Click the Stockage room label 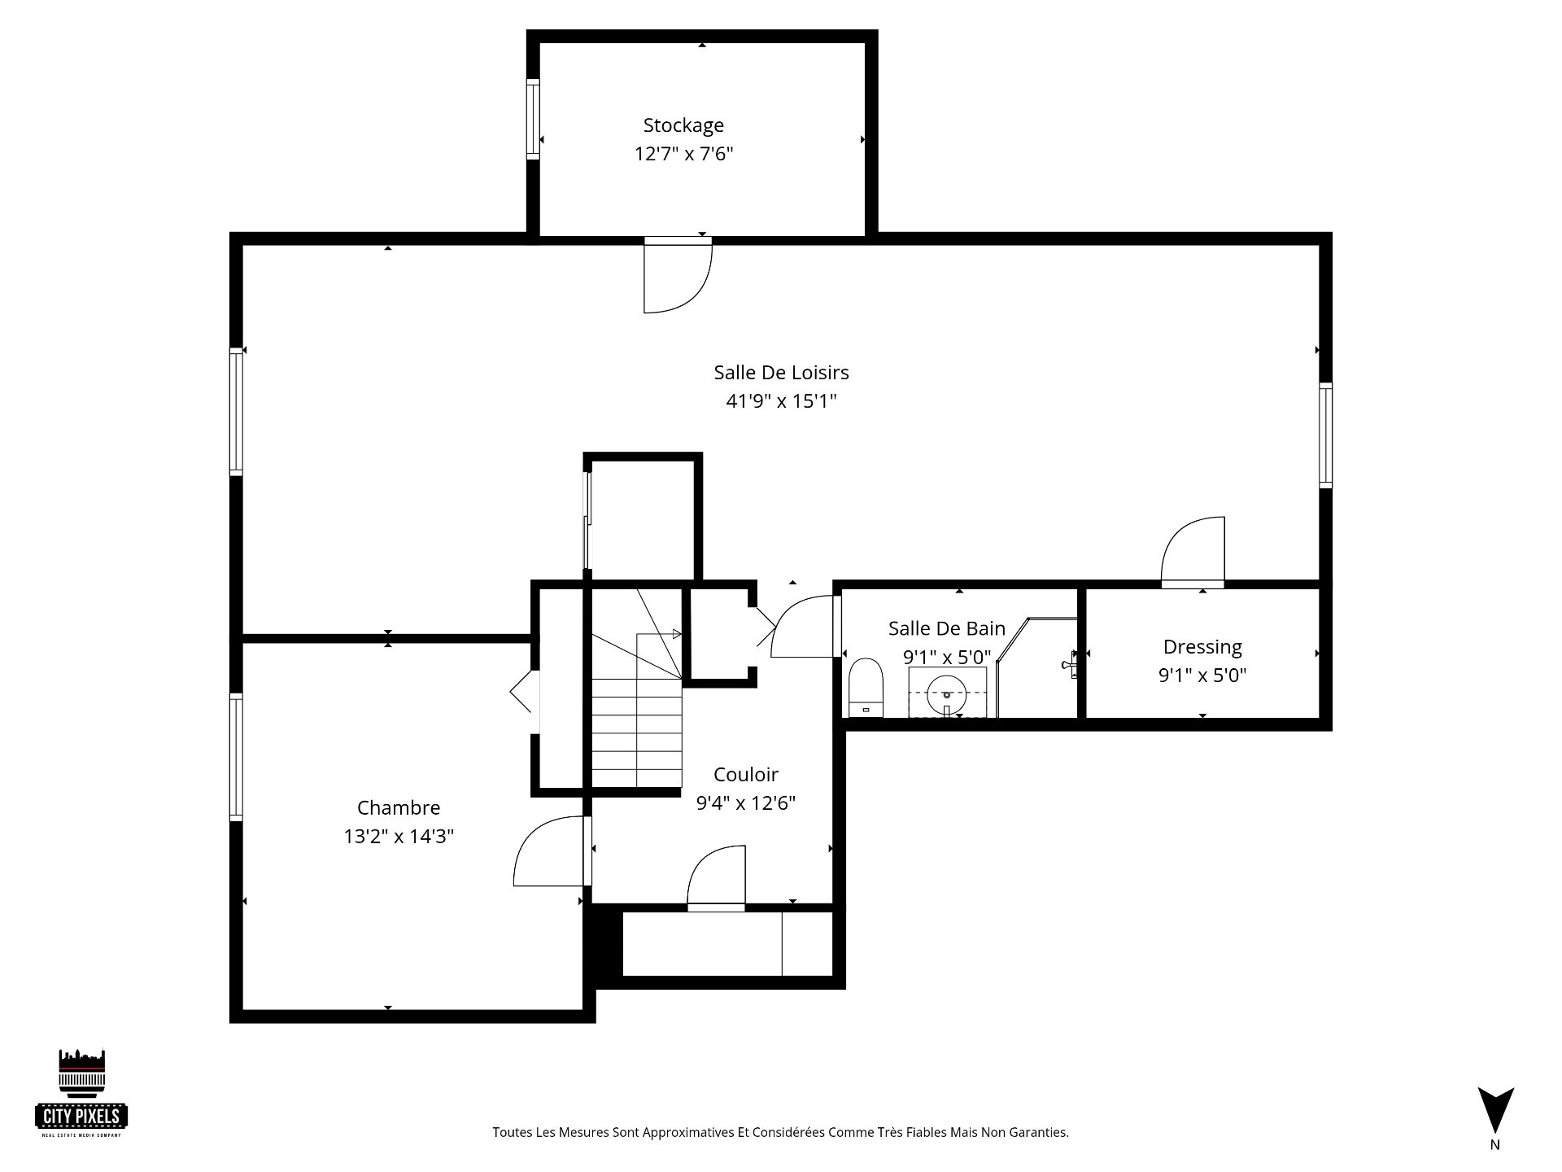click(683, 125)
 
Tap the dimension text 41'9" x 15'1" click(781, 401)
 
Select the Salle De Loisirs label click(781, 373)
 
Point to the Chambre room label click(399, 807)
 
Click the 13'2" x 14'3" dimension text click(399, 837)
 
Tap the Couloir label click(746, 775)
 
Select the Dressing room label click(1202, 648)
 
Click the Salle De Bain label click(947, 628)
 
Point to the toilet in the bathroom click(866, 688)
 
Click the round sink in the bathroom click(947, 693)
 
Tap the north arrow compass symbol click(1495, 1110)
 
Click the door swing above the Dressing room click(1193, 552)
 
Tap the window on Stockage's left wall click(533, 120)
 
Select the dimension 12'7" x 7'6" click(683, 154)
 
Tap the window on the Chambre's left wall click(236, 757)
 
